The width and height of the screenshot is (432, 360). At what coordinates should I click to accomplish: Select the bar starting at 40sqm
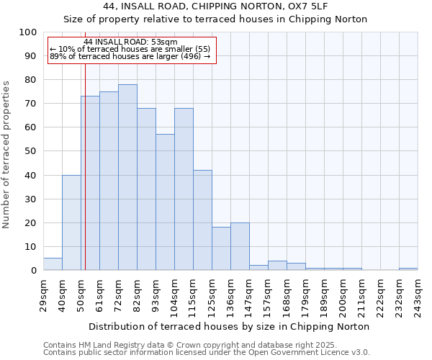point(71,222)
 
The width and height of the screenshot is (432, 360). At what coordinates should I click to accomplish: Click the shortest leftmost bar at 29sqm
point(53,264)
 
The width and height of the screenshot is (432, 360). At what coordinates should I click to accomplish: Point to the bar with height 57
point(165,202)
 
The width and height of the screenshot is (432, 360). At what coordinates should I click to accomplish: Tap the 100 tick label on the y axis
point(28,32)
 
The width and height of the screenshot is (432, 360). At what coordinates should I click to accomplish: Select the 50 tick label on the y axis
point(31,151)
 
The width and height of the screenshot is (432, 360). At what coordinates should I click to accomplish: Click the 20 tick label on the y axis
point(31,222)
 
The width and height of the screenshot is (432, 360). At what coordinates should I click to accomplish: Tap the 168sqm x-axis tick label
point(287,294)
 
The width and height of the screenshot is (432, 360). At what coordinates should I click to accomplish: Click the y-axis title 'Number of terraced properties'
point(7,154)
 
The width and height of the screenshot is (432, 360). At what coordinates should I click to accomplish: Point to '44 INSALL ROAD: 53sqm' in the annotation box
point(130,42)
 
